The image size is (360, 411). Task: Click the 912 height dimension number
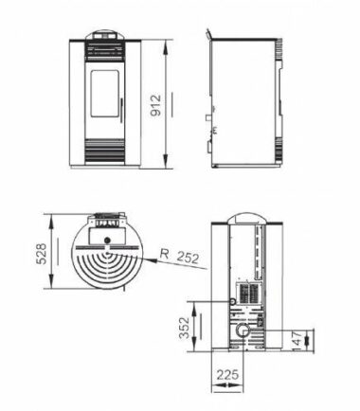coord(155,105)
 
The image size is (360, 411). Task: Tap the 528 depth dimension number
coord(42,254)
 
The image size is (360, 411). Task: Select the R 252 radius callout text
coord(179,256)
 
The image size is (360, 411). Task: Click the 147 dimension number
coord(297,341)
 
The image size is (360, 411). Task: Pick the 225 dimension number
coord(227,375)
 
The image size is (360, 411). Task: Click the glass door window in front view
coord(105,94)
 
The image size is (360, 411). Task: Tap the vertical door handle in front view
coord(121,110)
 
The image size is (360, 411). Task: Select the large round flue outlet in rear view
coord(243,331)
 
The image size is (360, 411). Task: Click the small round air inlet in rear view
coord(233,302)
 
